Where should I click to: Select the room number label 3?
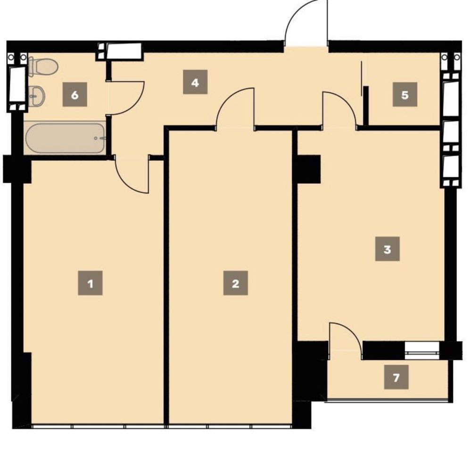point(387,249)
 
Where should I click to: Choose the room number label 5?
point(405,95)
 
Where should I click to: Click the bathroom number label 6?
point(74,95)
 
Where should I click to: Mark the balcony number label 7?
point(396,377)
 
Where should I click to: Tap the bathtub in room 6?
point(65,138)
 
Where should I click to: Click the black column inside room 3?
point(309,169)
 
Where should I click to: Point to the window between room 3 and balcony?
point(422,350)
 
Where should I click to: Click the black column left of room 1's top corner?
point(17,169)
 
